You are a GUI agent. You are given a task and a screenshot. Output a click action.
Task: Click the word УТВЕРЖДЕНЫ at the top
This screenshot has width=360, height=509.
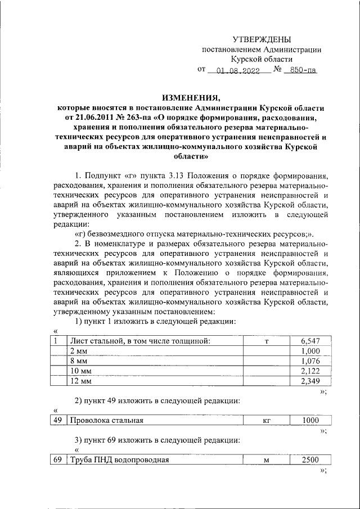click(262, 39)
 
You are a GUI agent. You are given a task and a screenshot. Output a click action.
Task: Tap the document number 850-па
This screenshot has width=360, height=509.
click(300, 71)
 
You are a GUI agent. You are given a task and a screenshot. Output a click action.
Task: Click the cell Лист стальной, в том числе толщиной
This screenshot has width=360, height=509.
click(139, 340)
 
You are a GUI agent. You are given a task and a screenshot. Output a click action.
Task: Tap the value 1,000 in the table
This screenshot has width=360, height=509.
click(310, 350)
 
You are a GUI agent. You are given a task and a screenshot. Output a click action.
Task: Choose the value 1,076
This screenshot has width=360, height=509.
click(310, 361)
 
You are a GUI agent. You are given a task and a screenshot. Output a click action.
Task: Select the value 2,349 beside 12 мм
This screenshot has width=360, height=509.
click(310, 381)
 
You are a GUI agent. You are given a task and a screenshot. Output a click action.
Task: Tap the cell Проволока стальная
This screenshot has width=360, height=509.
click(106, 420)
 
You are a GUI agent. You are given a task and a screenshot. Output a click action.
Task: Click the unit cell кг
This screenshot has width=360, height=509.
click(267, 420)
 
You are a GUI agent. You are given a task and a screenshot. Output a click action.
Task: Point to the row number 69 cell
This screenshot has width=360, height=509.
click(57, 460)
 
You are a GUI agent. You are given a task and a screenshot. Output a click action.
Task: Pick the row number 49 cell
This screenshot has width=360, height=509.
click(57, 420)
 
